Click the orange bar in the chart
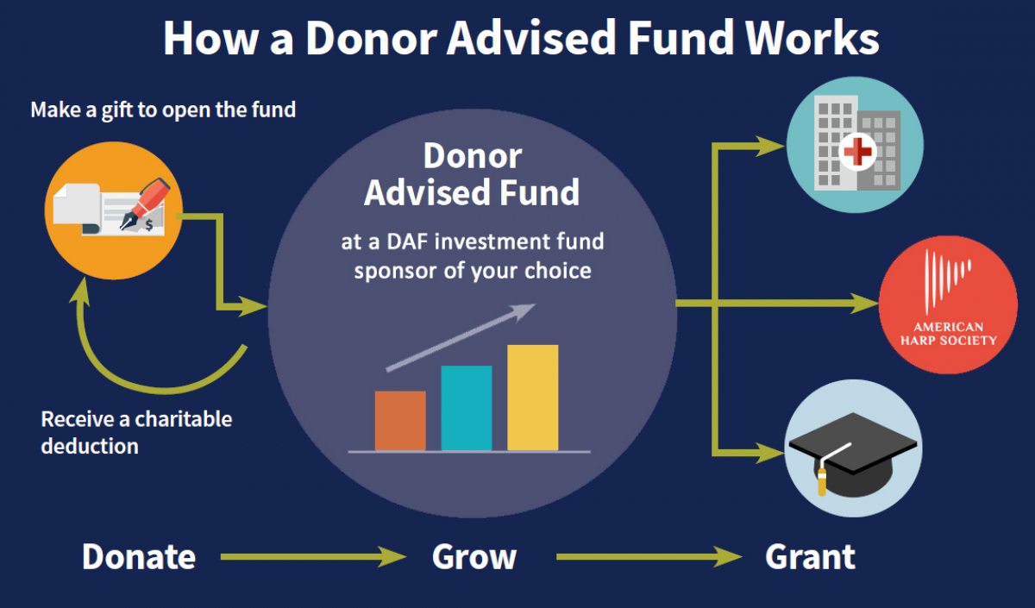(400, 421)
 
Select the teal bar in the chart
(467, 408)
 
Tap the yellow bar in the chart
(533, 398)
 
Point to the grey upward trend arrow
(461, 337)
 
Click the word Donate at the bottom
(139, 557)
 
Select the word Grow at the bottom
(474, 557)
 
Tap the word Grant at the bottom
(810, 557)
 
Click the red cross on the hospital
(857, 152)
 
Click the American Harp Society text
(948, 334)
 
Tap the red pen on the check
(145, 204)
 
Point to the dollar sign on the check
(149, 225)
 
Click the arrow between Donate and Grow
(313, 557)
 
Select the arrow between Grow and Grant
(649, 557)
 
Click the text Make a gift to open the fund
(163, 110)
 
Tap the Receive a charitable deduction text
(137, 432)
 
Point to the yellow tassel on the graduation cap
(822, 481)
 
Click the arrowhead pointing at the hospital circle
(770, 147)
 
